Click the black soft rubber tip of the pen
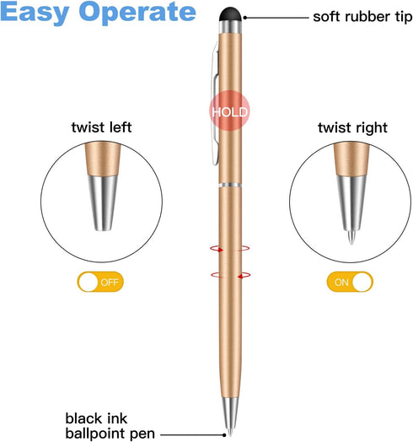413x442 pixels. click(230, 14)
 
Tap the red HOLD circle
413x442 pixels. click(229, 110)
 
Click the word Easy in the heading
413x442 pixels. click(35, 12)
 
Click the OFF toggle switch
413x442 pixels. click(100, 282)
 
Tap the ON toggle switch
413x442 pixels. click(350, 282)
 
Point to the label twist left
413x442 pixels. click(101, 127)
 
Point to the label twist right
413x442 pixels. click(352, 127)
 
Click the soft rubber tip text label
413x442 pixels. click(362, 17)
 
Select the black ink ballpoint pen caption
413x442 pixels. click(110, 426)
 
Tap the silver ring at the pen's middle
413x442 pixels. click(230, 186)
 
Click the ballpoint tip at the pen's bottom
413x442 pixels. click(230, 431)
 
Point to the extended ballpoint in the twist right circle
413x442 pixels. click(351, 238)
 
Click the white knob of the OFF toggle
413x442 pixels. click(88, 282)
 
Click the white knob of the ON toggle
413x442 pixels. click(362, 282)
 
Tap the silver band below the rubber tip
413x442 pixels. click(230, 27)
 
